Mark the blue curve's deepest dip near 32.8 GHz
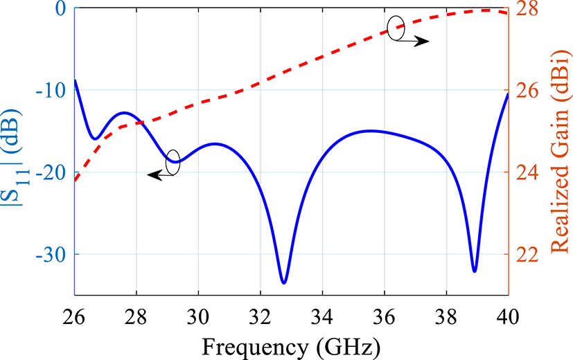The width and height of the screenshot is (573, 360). coord(283,282)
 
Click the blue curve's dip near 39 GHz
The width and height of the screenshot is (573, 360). coord(475,271)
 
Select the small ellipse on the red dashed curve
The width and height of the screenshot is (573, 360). coord(396,29)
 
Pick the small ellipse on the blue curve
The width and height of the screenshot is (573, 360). coord(173,162)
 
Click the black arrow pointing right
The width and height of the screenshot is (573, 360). coord(416,42)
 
